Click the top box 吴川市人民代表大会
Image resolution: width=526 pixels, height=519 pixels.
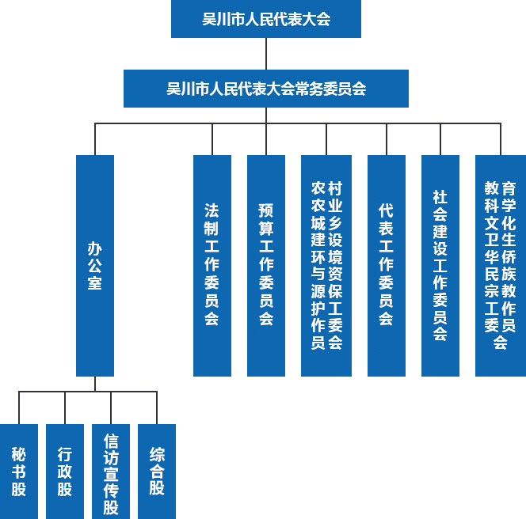265,19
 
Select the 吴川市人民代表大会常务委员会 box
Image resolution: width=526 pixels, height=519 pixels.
265,89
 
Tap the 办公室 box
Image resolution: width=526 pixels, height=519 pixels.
95,265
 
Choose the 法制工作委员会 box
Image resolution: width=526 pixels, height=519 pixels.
212,265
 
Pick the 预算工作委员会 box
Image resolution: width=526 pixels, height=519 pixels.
266,265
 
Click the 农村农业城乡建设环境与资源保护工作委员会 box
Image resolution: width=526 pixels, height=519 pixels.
326,265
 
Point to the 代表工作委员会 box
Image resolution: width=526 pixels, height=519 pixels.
387,265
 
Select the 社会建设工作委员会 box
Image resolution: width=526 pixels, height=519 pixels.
440,265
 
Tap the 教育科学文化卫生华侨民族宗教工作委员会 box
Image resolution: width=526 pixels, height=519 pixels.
501,265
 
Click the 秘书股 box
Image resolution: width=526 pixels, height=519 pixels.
19,472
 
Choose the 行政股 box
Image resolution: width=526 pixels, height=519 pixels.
65,472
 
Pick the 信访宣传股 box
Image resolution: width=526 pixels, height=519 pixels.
111,472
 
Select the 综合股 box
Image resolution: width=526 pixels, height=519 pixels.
157,472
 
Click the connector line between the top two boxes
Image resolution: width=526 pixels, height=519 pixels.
266,54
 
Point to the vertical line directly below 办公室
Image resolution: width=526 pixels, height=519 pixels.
95,384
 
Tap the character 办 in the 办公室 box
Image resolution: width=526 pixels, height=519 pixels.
95,248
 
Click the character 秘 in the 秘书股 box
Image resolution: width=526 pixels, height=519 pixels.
19,454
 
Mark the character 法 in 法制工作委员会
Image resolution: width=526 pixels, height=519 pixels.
212,210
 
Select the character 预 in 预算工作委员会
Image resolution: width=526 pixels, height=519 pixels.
266,210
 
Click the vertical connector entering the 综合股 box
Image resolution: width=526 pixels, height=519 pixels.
157,408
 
